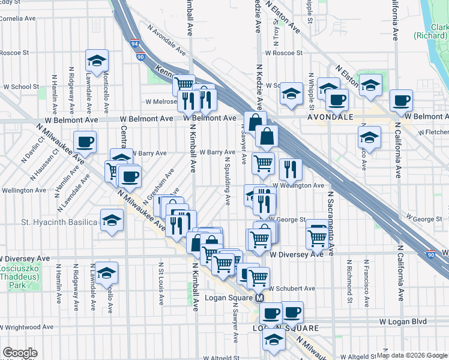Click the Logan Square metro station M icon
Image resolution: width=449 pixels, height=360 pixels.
click(x=260, y=298)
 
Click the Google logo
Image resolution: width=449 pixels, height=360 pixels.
click(x=20, y=353)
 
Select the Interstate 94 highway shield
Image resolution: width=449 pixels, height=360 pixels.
click(x=134, y=43)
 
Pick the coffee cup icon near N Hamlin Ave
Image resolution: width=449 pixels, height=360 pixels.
click(x=85, y=142)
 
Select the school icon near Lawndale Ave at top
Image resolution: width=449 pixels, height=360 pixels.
click(x=96, y=60)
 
